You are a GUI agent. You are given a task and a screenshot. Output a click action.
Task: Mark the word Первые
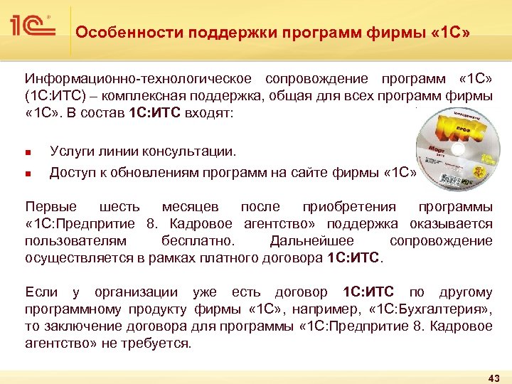point(51,207)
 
